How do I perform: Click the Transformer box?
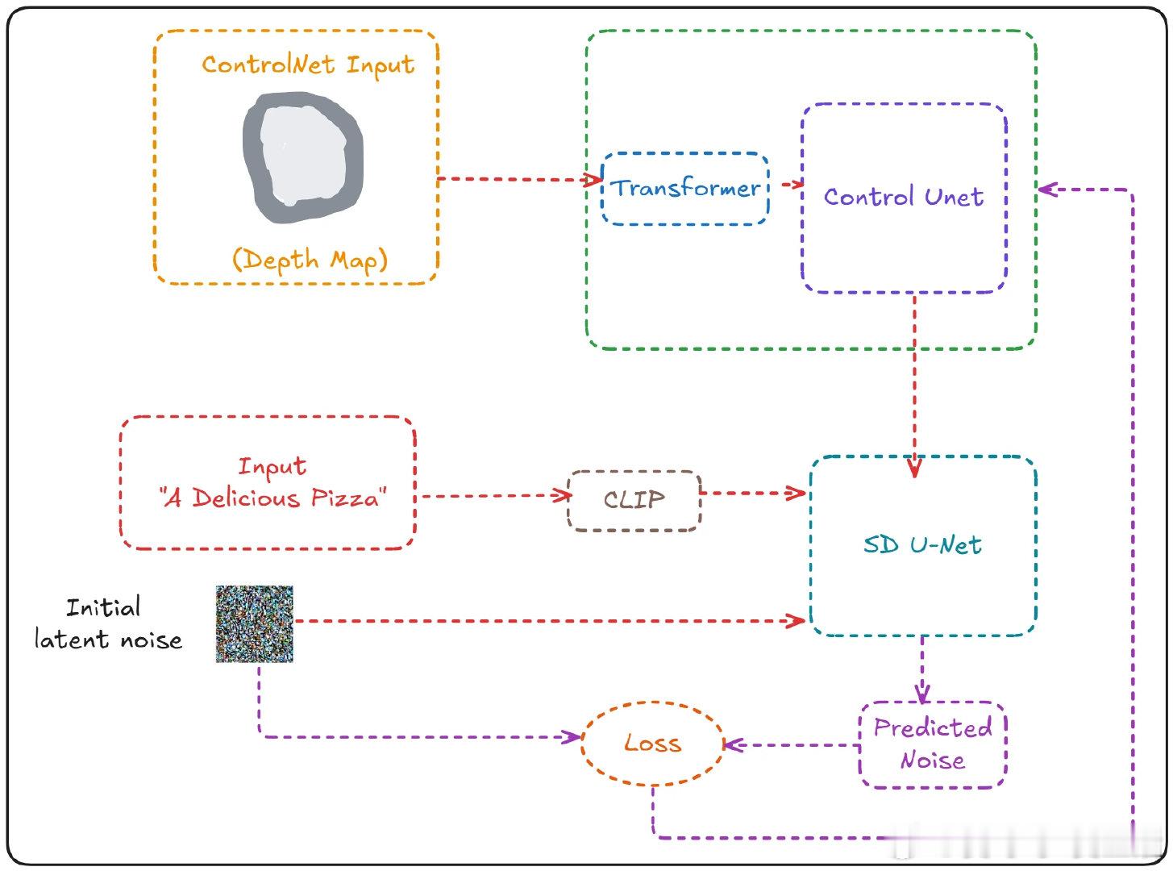pyautogui.click(x=685, y=188)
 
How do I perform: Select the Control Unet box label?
pyautogui.click(x=904, y=197)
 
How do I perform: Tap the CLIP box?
pyautogui.click(x=634, y=500)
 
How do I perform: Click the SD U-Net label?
pyautogui.click(x=922, y=545)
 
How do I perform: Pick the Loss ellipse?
pyautogui.click(x=652, y=744)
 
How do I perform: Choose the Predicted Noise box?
pyautogui.click(x=933, y=744)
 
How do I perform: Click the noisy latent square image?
pyautogui.click(x=255, y=624)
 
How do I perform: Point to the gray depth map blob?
pyautogui.click(x=303, y=158)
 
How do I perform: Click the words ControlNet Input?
pyautogui.click(x=308, y=65)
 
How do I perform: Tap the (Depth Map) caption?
pyautogui.click(x=310, y=260)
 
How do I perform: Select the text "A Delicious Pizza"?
pyautogui.click(x=272, y=498)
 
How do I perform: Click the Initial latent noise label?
pyautogui.click(x=107, y=623)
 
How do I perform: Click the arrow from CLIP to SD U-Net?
pyautogui.click(x=753, y=492)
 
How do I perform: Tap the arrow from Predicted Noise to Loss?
pyautogui.click(x=790, y=745)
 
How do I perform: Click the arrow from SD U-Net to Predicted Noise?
pyautogui.click(x=922, y=669)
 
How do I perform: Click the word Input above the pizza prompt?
pyautogui.click(x=272, y=467)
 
